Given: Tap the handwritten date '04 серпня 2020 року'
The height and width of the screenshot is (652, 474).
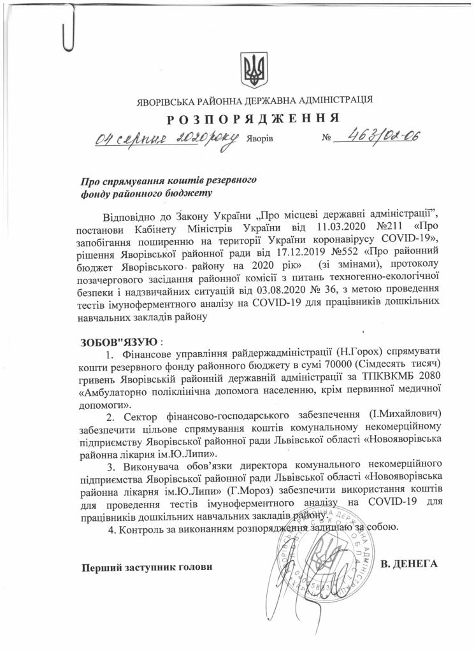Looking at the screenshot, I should pos(167,138).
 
